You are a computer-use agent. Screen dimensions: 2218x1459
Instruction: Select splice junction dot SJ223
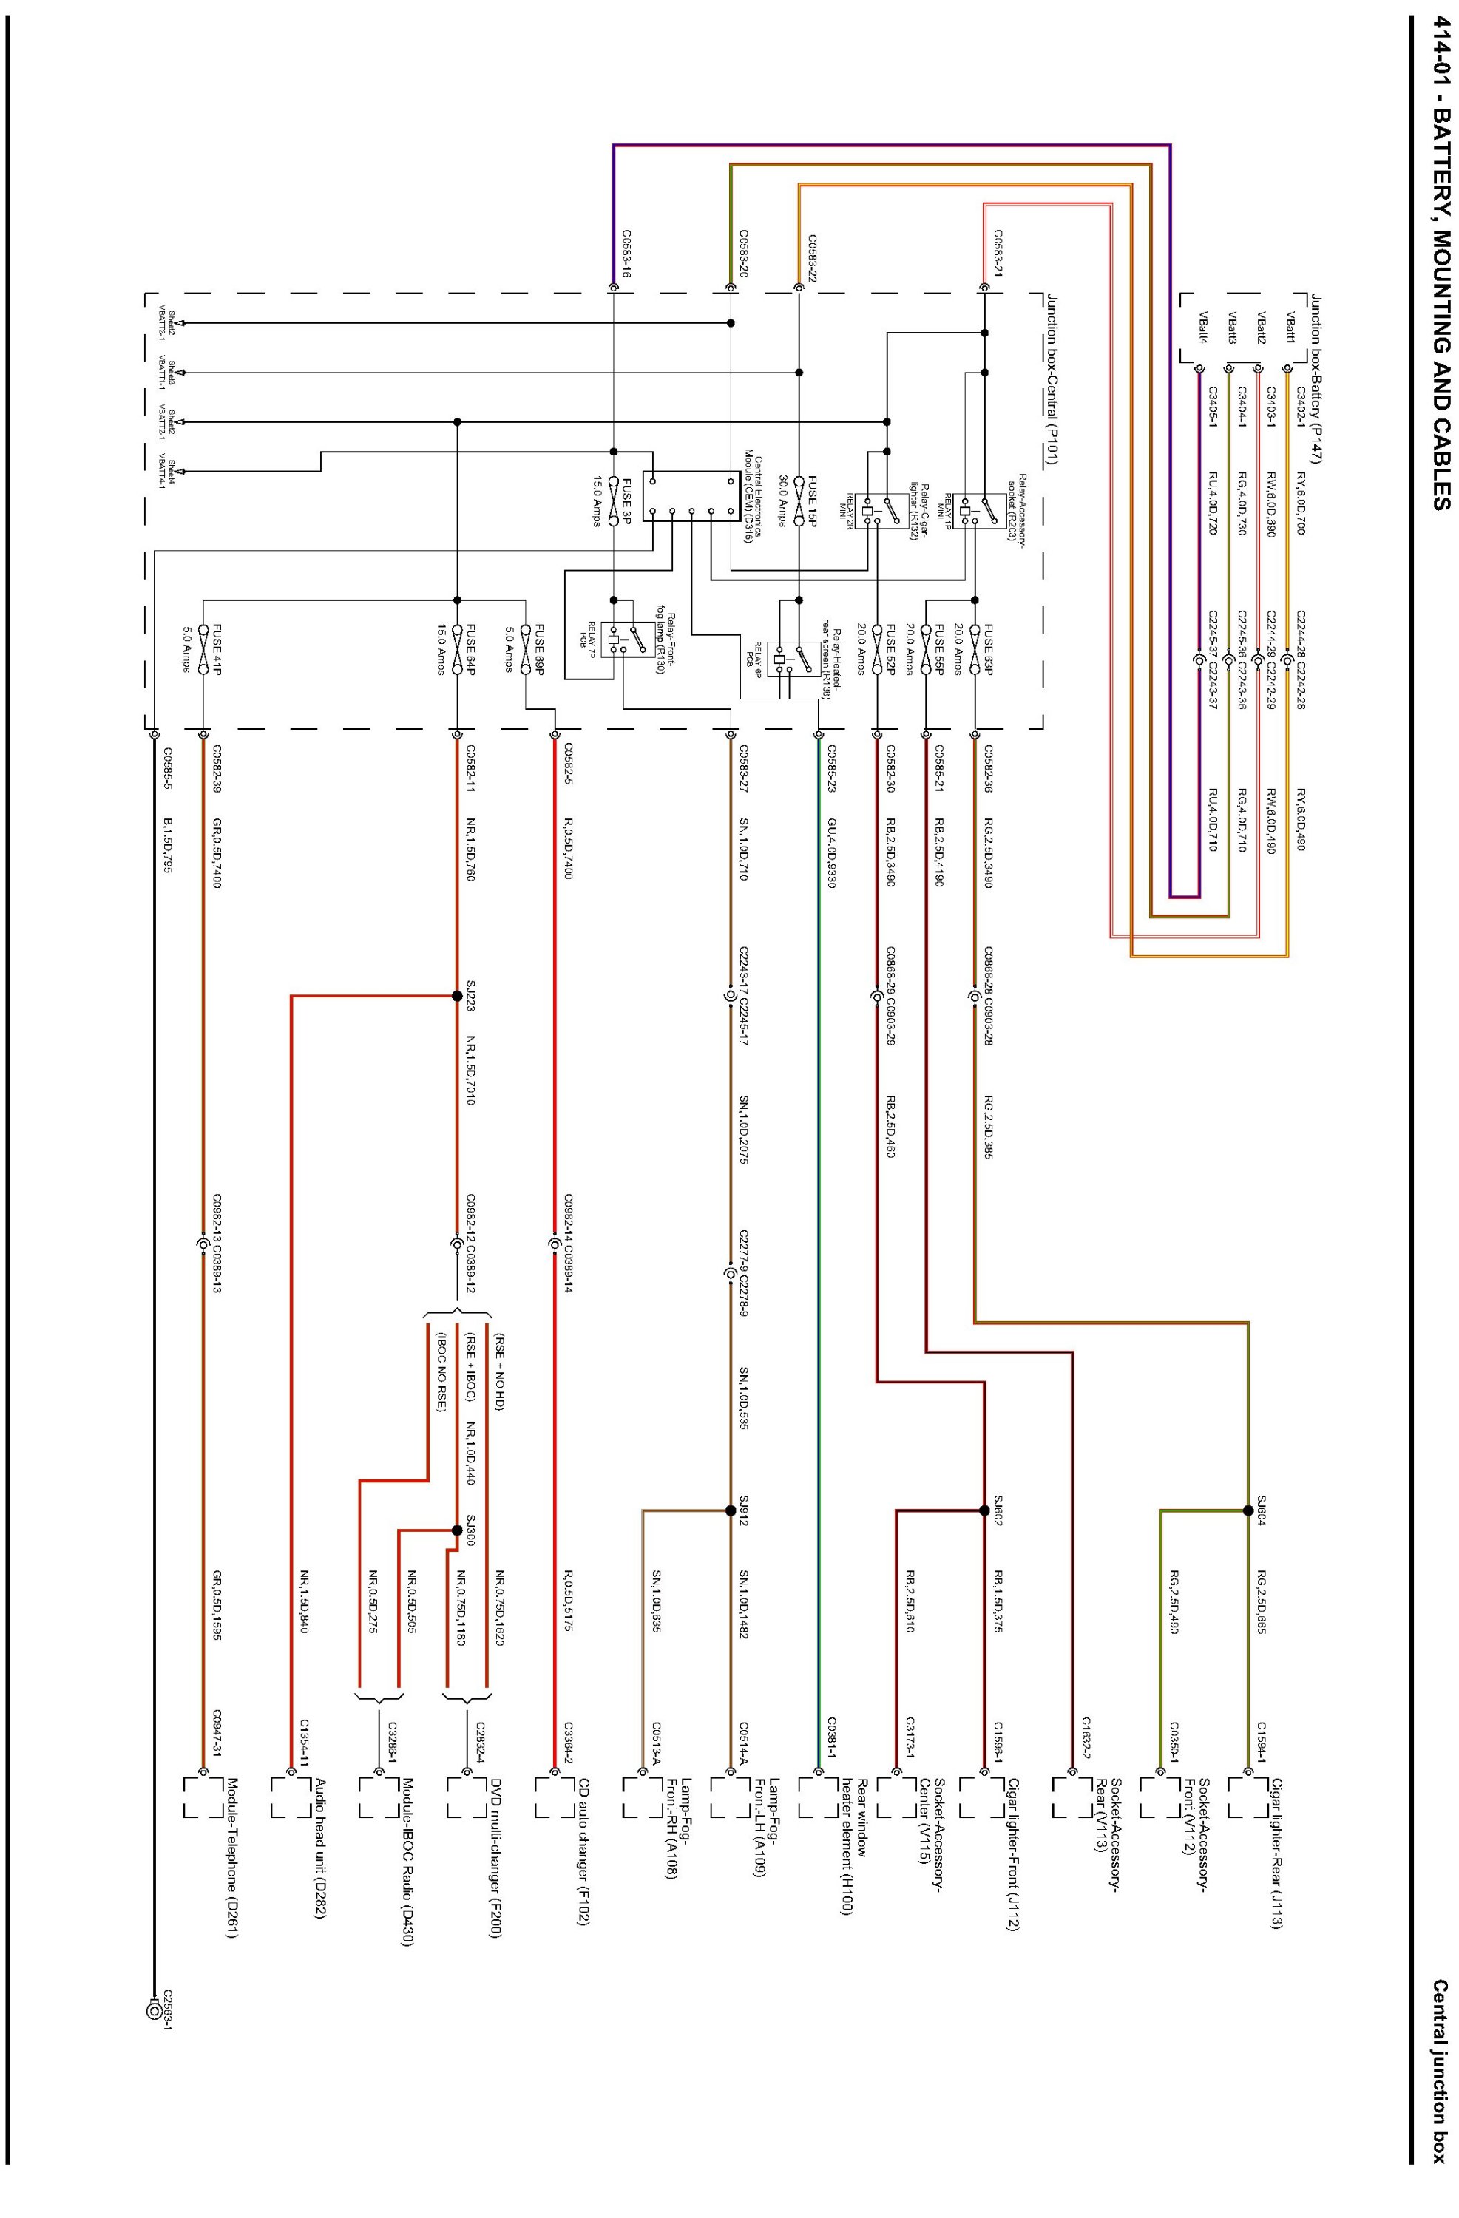click(x=457, y=996)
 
